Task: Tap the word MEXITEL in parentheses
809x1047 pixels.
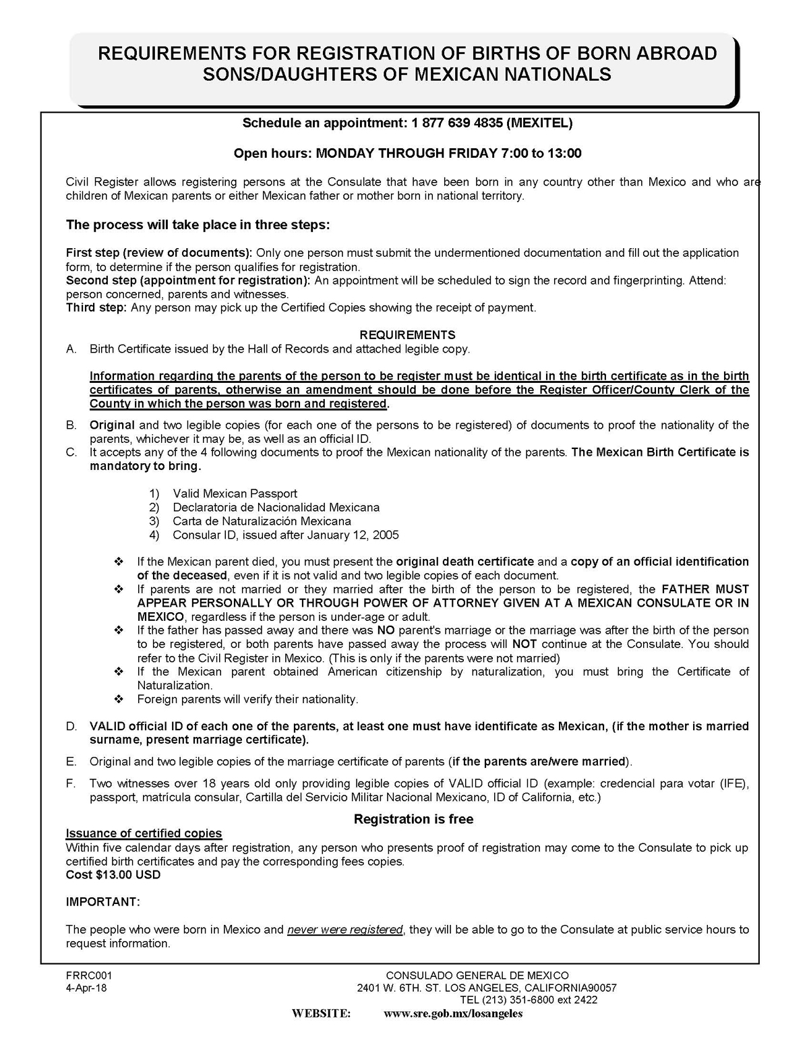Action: [x=539, y=123]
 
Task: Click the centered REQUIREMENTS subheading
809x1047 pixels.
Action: [x=407, y=334]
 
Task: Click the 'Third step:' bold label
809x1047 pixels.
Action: [x=96, y=307]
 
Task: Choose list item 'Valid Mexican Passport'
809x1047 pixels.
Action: [x=235, y=493]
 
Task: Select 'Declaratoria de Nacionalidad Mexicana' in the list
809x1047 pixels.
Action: [x=276, y=507]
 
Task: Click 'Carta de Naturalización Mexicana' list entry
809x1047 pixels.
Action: [x=262, y=521]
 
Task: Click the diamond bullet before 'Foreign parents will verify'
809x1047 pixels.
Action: [x=119, y=699]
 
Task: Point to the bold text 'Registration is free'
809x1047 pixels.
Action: [x=413, y=819]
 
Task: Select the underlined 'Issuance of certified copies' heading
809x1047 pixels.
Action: [x=144, y=833]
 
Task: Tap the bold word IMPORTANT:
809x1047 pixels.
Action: [x=103, y=902]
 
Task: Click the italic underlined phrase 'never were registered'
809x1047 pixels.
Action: [x=344, y=930]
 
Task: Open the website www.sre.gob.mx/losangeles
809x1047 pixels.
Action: [x=453, y=1013]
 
